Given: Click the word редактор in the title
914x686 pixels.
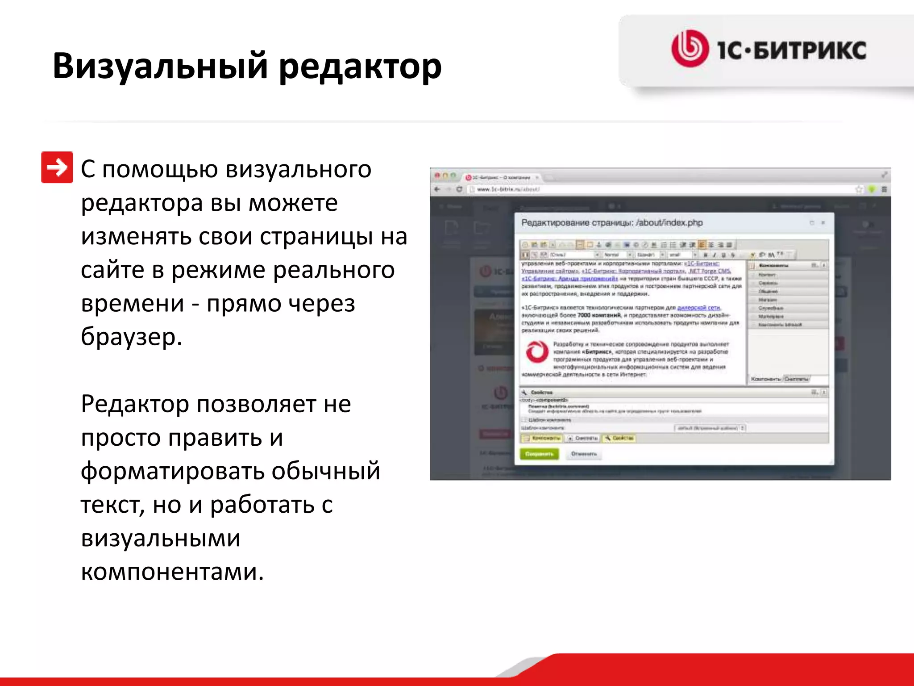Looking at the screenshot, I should coord(360,66).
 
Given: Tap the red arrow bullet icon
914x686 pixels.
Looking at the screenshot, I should coord(57,167).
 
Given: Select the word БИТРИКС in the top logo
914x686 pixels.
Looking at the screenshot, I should coord(810,50).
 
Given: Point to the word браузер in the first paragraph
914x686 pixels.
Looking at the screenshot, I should coord(131,337).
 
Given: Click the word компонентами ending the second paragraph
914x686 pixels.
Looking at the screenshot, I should coord(172,572).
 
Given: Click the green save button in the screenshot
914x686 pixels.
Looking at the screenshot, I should coord(539,454).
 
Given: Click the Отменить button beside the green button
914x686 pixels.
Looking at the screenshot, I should coord(584,454).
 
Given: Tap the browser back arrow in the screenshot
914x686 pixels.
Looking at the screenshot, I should coord(437,189).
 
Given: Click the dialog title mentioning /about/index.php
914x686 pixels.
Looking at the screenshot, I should coord(612,222).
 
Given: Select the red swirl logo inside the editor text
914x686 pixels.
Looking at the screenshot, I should coord(536,351).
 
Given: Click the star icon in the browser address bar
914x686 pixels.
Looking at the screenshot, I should coord(859,189).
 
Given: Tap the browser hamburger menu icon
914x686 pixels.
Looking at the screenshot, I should coord(884,189).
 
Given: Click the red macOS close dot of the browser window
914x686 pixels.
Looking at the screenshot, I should coord(437,176).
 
